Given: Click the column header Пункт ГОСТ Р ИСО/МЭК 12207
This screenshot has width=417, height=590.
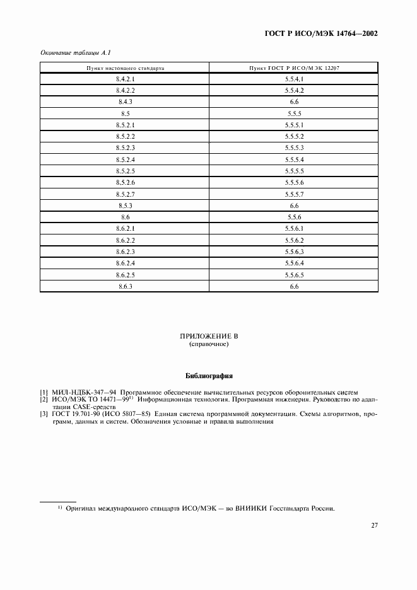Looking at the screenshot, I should tap(295, 67).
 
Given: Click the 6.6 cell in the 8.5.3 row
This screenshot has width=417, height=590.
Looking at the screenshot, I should tap(295, 206).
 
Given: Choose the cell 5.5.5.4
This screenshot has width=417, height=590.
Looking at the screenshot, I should tap(295, 159).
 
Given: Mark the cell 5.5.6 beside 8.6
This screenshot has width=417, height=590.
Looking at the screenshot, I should tap(295, 217).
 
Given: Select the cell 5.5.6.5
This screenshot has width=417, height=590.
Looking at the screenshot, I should tap(295, 275).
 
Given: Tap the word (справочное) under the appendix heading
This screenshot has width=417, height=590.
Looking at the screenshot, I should tap(208, 345).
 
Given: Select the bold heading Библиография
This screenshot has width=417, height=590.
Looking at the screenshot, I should tap(208, 376).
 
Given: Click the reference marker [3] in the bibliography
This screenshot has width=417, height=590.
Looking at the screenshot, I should tap(44, 414).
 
